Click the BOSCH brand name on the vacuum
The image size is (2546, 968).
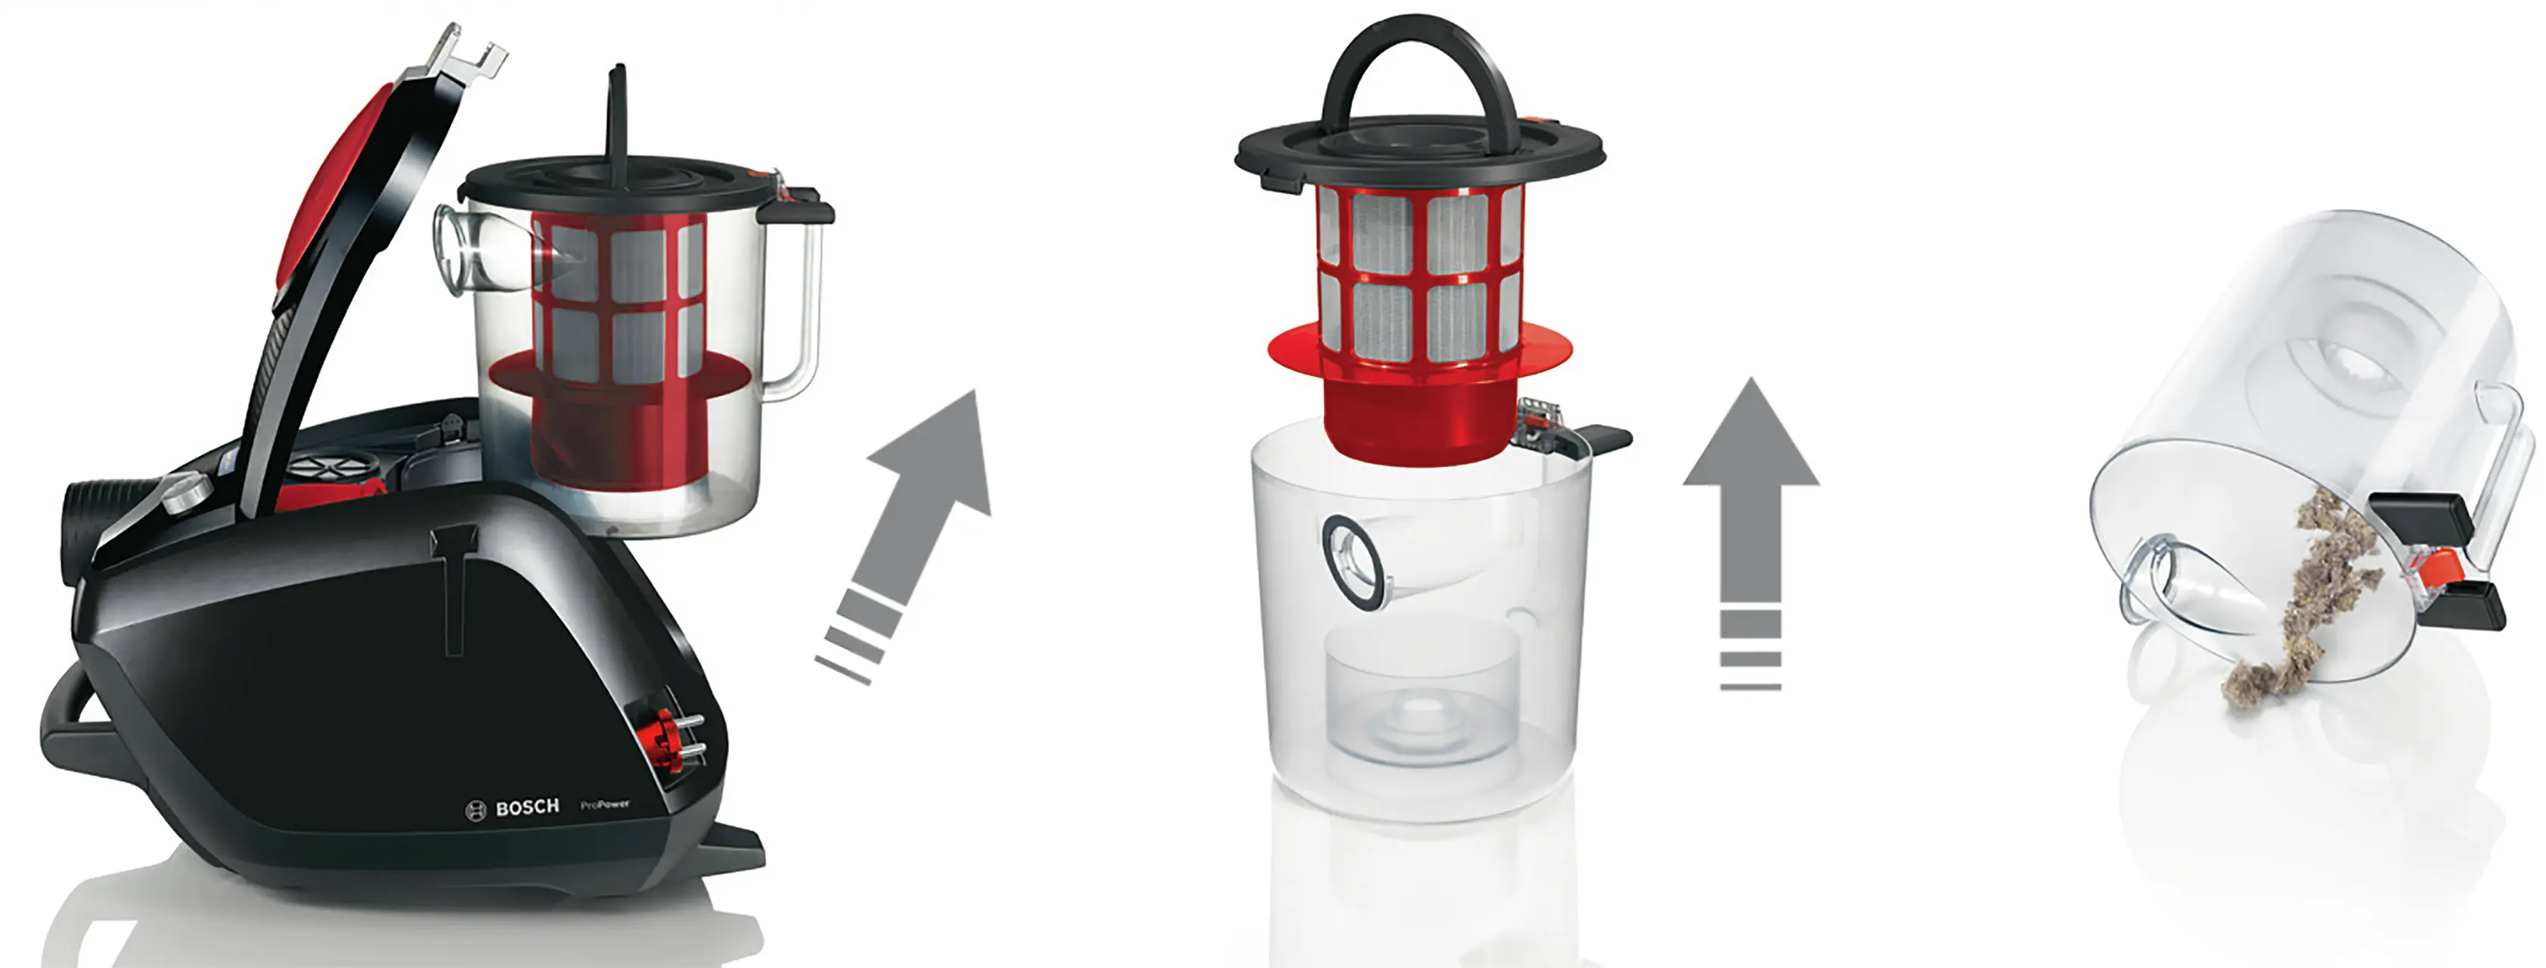527,807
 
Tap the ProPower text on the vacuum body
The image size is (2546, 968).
605,804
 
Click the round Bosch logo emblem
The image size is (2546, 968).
476,810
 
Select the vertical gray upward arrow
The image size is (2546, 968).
1751,533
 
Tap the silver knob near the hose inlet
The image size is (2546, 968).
184,491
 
